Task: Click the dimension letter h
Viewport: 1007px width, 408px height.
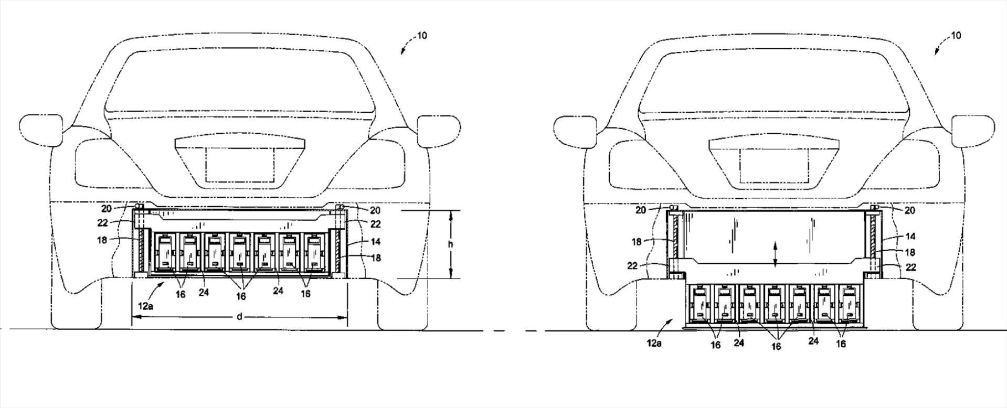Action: [x=450, y=244]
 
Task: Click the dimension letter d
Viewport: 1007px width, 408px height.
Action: [x=240, y=317]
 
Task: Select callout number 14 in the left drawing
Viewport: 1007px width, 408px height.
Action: [x=375, y=242]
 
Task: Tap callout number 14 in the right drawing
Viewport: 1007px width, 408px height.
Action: [x=910, y=237]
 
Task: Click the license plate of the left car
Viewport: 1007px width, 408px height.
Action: [x=239, y=165]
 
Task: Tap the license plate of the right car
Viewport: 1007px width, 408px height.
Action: [x=773, y=165]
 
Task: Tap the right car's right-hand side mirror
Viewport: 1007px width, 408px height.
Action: [x=973, y=130]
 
